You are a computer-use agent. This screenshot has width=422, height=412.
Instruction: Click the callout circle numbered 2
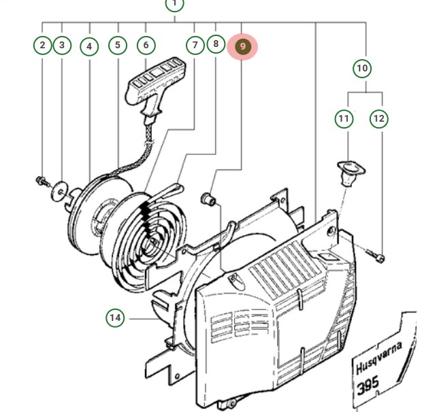point(43,46)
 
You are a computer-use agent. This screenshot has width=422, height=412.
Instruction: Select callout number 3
point(62,46)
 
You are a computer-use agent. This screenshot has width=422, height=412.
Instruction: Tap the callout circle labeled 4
point(89,47)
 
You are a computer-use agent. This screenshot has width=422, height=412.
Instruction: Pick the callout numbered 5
point(118,46)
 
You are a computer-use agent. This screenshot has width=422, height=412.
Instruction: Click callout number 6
point(146,46)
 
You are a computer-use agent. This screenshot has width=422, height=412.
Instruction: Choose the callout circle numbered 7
point(196,46)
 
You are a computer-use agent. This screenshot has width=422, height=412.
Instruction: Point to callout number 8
point(216,44)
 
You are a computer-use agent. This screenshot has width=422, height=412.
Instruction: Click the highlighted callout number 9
point(243,47)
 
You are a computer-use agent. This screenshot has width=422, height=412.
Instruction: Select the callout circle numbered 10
point(362,68)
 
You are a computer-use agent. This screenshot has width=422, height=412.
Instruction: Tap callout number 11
point(344,119)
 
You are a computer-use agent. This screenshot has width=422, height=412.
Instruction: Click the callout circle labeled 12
point(379,119)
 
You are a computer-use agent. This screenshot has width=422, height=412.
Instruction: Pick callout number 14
point(116,317)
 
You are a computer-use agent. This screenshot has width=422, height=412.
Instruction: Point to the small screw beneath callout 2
point(41,180)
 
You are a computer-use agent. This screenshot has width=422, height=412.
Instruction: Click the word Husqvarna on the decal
point(378,358)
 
